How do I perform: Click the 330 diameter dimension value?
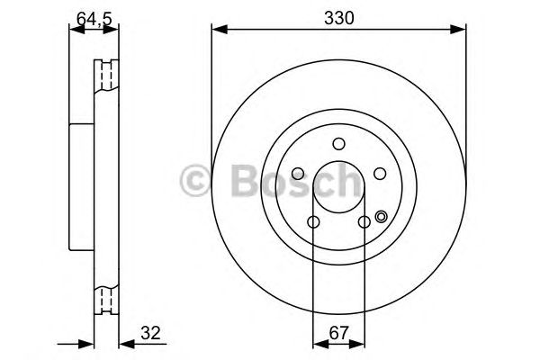tap(338, 17)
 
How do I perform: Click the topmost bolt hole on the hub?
tap(338, 143)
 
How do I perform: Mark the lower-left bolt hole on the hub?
tap(313, 221)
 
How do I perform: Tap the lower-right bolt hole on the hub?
tap(364, 221)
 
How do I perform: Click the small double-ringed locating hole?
tap(381, 216)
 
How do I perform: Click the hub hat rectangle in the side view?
tap(81, 187)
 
